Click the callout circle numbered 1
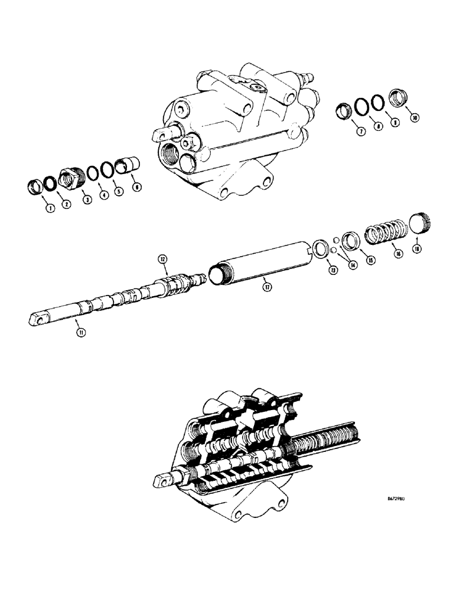pyautogui.click(x=50, y=208)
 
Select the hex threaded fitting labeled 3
pyautogui.click(x=70, y=178)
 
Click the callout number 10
pyautogui.click(x=415, y=118)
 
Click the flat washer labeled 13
pyautogui.click(x=320, y=247)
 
